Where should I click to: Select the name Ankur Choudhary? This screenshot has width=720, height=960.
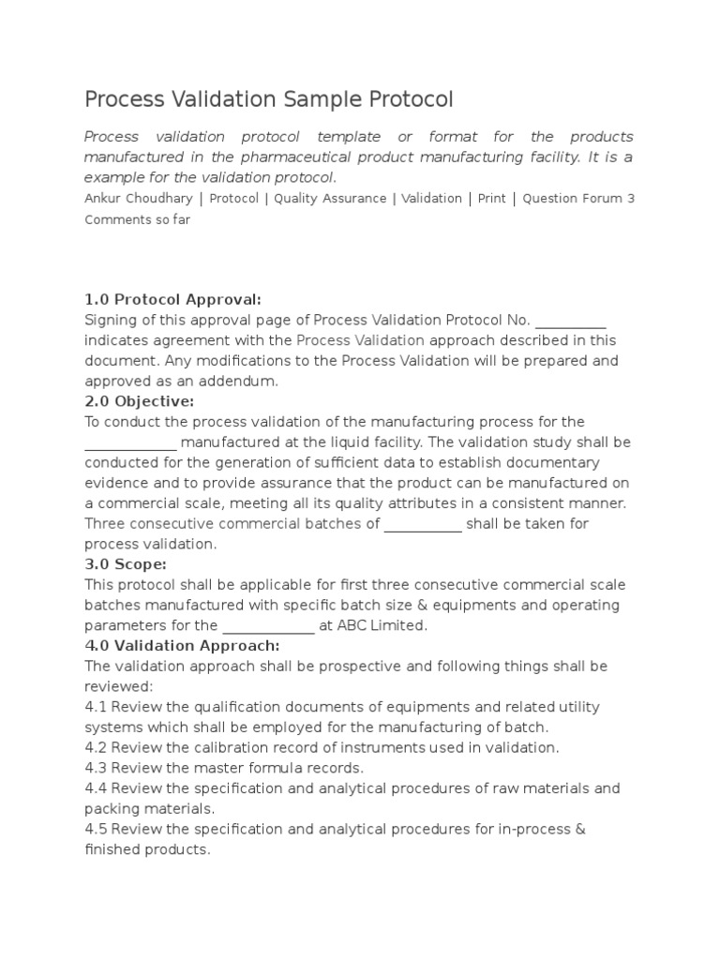[x=139, y=199]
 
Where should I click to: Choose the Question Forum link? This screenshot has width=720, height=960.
[x=573, y=199]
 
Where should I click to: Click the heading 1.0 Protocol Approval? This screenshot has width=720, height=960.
[x=172, y=300]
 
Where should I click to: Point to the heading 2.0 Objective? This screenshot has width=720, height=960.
[x=140, y=401]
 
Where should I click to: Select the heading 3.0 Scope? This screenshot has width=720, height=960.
[x=126, y=563]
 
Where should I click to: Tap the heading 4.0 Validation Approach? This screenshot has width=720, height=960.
[x=182, y=645]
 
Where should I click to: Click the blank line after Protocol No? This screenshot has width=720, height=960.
[x=571, y=321]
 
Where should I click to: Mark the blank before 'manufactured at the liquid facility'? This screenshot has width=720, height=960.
[x=130, y=442]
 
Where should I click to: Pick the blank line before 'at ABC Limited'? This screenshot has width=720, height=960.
[x=268, y=625]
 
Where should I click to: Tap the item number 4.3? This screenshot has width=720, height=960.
[x=96, y=768]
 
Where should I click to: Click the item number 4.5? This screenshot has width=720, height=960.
[x=96, y=829]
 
